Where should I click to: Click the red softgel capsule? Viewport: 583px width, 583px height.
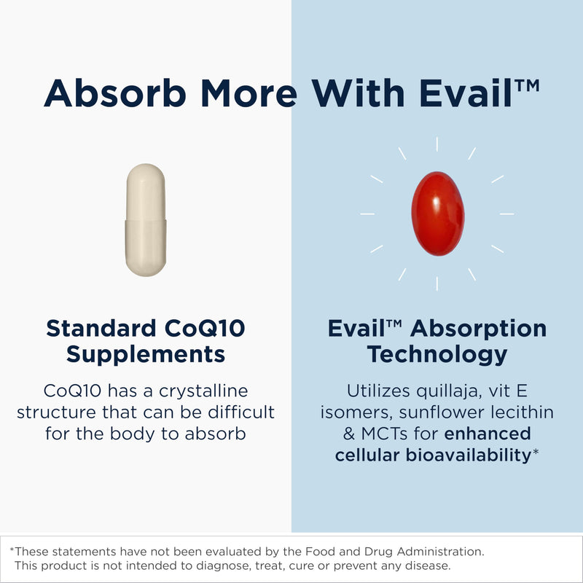pos(437,213)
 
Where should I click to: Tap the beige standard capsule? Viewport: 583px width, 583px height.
pos(145,219)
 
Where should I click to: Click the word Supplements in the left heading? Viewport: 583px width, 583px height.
pos(146,355)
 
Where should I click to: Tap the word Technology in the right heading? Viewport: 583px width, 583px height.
pos(437,355)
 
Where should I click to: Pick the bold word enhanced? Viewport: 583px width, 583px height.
pos(488,434)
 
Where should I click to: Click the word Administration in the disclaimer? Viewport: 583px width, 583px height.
pos(441,552)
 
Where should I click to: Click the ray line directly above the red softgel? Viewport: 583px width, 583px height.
pos(437,144)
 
